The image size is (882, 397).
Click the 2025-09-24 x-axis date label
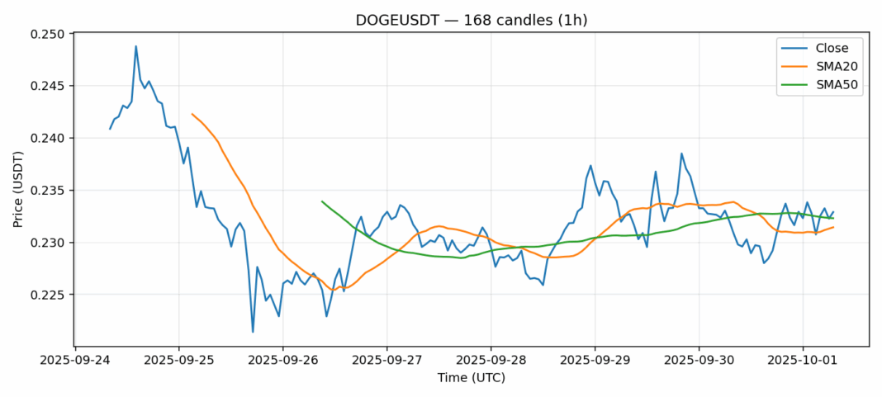tap(75, 361)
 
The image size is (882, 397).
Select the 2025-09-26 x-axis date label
tap(282, 361)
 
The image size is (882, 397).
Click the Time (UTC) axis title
tap(471, 378)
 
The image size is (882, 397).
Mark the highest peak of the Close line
tap(136, 46)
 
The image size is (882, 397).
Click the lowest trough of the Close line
tap(253, 332)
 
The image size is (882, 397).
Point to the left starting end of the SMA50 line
tap(322, 201)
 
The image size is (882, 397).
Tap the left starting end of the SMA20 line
tap(192, 114)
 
